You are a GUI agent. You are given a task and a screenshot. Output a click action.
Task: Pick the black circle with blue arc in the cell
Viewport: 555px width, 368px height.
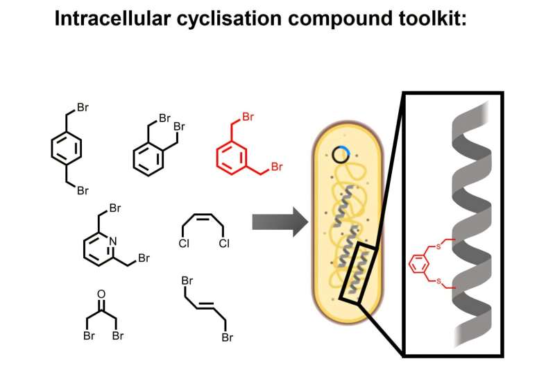(341, 155)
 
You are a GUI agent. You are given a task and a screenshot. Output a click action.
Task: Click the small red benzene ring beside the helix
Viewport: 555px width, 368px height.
(418, 263)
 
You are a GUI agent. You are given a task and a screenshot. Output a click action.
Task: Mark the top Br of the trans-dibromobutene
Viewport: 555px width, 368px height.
(186, 282)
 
